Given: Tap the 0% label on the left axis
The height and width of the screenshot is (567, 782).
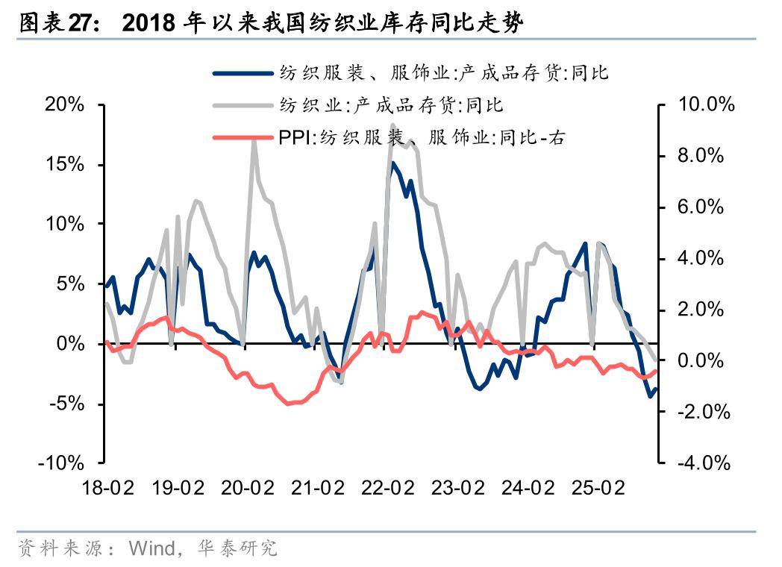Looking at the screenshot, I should click(x=72, y=343).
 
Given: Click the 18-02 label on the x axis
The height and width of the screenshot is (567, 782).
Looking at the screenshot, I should click(x=107, y=488).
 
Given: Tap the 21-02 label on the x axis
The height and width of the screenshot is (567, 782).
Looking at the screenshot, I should click(x=317, y=488).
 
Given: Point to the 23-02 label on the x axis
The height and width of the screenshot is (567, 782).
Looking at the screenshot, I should click(x=457, y=488).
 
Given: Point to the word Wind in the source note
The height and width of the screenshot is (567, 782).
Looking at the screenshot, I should click(x=150, y=548).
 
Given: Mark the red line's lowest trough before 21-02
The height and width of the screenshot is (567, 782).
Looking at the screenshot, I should click(x=289, y=403).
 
